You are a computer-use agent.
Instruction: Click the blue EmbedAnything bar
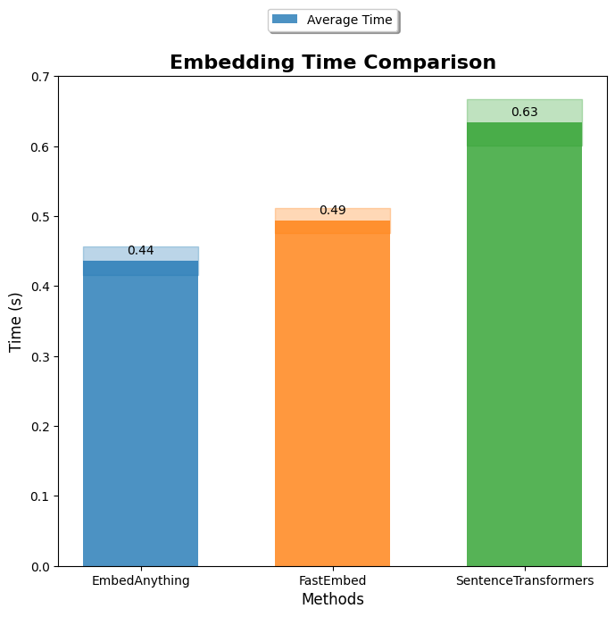pyautogui.click(x=140, y=420)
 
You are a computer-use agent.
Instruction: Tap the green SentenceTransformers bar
pyautogui.click(x=524, y=357)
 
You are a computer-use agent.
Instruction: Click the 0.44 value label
pyautogui.click(x=140, y=251)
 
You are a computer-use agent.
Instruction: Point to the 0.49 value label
pyautogui.click(x=332, y=211)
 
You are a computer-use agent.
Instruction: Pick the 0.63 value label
pyautogui.click(x=524, y=113)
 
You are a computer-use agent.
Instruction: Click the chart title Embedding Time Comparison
pyautogui.click(x=332, y=63)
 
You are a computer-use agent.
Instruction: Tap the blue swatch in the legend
pyautogui.click(x=285, y=20)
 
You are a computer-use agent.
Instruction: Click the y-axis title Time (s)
pyautogui.click(x=15, y=321)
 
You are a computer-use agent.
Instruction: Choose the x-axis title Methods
pyautogui.click(x=332, y=600)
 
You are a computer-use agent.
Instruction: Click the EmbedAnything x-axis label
pyautogui.click(x=140, y=580)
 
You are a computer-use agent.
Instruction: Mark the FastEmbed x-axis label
pyautogui.click(x=332, y=580)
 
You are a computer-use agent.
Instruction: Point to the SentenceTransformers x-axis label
pyautogui.click(x=524, y=580)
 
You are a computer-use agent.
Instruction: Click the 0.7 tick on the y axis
pyautogui.click(x=40, y=77)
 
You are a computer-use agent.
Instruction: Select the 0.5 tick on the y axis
pyautogui.click(x=40, y=217)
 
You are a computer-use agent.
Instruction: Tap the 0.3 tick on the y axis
pyautogui.click(x=40, y=357)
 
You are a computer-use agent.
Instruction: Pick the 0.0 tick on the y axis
pyautogui.click(x=40, y=566)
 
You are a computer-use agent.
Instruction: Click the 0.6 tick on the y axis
pyautogui.click(x=40, y=146)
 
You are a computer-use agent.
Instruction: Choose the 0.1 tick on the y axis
pyautogui.click(x=40, y=496)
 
